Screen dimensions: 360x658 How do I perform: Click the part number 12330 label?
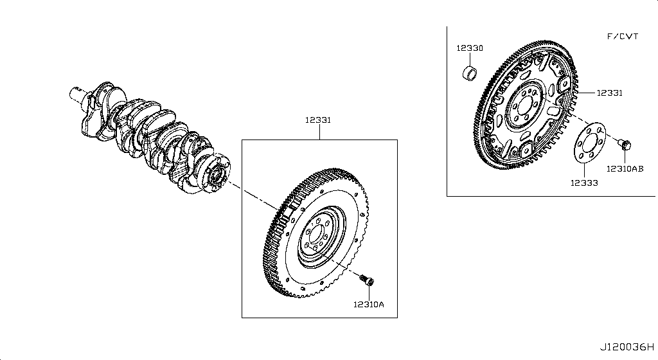pos(470,48)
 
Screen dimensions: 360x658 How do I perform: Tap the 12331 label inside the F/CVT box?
pos(609,93)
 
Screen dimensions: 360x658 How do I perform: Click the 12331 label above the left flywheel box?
pos(318,120)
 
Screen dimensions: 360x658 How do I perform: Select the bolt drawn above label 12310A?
pos(368,280)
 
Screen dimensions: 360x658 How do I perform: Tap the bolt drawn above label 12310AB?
pos(625,145)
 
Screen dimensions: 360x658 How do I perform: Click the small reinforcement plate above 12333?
pos(585,148)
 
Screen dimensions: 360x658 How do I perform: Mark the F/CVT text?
pos(623,37)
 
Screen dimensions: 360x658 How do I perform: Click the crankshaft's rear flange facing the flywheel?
pos(215,173)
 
